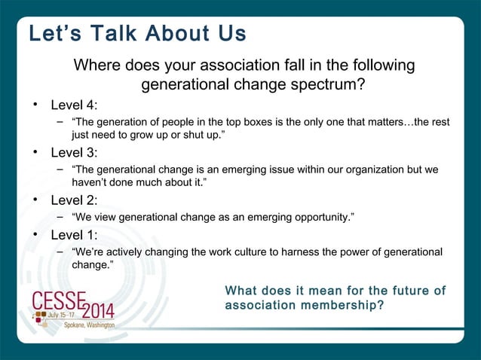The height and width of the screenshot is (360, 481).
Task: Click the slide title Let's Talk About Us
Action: [137, 35]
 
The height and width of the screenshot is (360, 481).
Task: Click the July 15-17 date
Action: [63, 313]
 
